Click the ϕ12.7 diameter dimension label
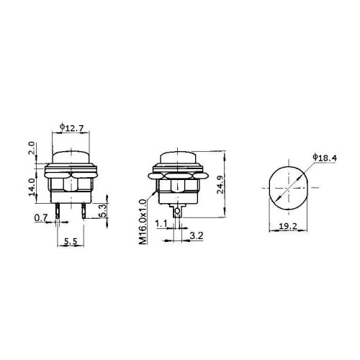(x=71, y=127)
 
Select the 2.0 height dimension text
(x=32, y=148)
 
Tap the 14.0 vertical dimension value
(x=32, y=187)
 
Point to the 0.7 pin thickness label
(x=41, y=218)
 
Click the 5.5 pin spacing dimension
(x=71, y=241)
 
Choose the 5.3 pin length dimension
(x=102, y=211)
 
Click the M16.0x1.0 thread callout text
(x=143, y=222)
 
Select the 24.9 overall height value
(x=220, y=184)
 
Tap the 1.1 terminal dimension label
(x=161, y=224)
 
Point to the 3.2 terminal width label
(x=197, y=235)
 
